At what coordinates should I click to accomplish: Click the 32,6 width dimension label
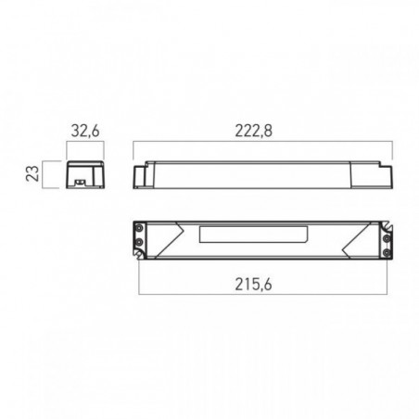point(85,131)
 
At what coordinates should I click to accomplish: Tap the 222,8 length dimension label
point(254,131)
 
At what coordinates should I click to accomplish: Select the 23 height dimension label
point(32,173)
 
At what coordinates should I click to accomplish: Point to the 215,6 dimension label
point(253,285)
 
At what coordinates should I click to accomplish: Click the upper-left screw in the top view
point(139,229)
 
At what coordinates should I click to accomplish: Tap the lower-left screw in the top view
point(139,242)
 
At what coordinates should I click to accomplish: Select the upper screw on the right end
point(387,238)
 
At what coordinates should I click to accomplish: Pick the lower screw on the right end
point(387,253)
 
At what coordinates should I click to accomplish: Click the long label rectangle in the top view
point(253,235)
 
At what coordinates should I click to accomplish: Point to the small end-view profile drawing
point(85,174)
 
